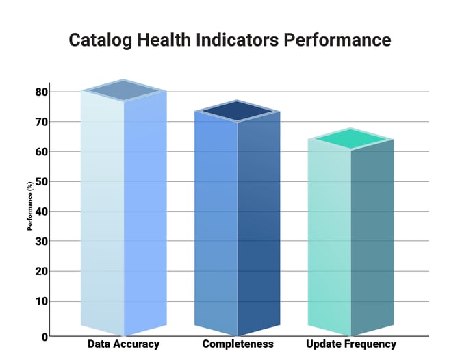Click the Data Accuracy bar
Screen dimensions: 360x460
point(123,212)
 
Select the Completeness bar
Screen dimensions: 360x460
point(237,222)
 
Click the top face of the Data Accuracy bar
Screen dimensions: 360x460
point(124,90)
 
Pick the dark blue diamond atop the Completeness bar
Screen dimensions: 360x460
point(238,111)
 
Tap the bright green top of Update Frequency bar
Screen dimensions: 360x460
point(350,139)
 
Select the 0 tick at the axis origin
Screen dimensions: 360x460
point(44,337)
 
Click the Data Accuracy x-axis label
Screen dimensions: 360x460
point(123,344)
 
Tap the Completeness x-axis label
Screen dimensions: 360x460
point(238,344)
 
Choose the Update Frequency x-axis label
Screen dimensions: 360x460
point(351,344)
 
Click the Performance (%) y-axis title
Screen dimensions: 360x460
point(30,205)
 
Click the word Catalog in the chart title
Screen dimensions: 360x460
point(101,40)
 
